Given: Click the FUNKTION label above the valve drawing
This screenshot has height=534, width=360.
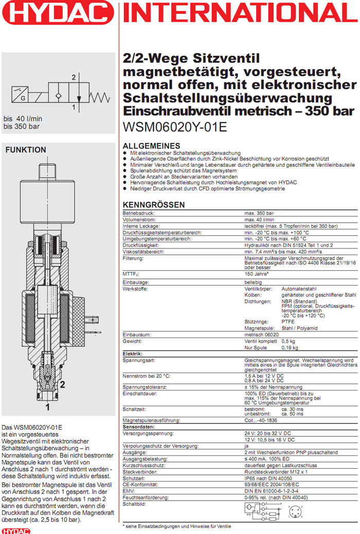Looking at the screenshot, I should (26, 150).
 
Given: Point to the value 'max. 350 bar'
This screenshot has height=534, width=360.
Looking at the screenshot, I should (259, 212).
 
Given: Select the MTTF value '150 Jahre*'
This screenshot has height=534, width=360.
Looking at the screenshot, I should (257, 274).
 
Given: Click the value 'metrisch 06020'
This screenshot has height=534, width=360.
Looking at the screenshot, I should (262, 334).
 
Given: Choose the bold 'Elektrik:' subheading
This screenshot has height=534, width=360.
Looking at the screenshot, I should (132, 354).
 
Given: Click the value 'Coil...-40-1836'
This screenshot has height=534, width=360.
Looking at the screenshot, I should (262, 420).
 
